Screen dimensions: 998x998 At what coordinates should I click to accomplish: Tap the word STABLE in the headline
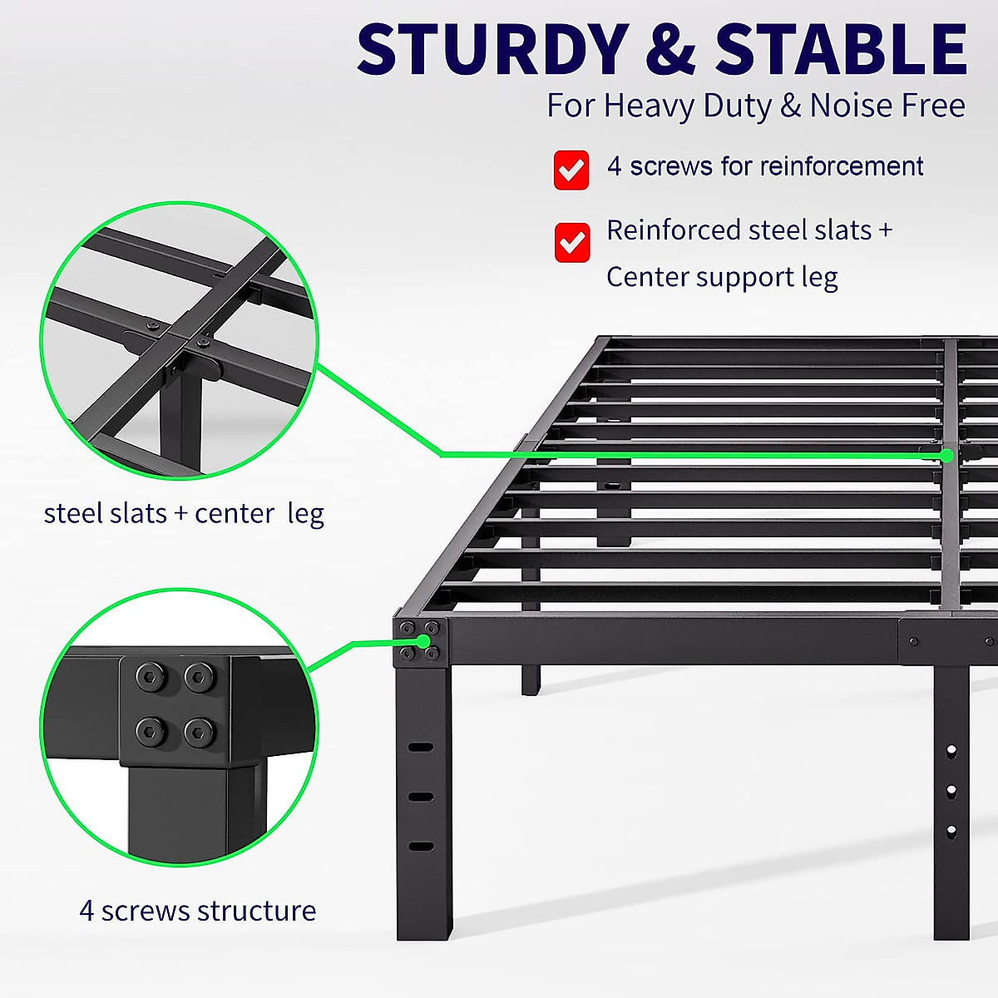pyautogui.click(x=841, y=50)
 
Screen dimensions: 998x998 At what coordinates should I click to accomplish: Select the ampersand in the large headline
pyautogui.click(x=669, y=50)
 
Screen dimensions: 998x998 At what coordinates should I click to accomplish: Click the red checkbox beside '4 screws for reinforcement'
pyautogui.click(x=571, y=170)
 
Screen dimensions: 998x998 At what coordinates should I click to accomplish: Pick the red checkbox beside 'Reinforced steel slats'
pyautogui.click(x=572, y=242)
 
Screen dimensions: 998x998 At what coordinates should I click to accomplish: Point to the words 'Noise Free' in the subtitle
pyautogui.click(x=887, y=106)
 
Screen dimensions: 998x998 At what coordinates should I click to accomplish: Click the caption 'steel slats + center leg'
pyautogui.click(x=184, y=513)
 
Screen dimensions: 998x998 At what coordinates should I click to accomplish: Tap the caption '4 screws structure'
pyautogui.click(x=198, y=911)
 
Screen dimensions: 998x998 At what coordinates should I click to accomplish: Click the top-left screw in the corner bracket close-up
pyautogui.click(x=151, y=678)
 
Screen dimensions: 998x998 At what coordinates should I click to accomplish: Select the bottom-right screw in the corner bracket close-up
pyautogui.click(x=200, y=732)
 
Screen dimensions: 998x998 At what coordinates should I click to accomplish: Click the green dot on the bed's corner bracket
pyautogui.click(x=424, y=642)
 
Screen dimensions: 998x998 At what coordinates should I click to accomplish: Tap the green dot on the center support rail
pyautogui.click(x=946, y=455)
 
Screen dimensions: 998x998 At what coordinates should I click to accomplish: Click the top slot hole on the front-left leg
pyautogui.click(x=422, y=747)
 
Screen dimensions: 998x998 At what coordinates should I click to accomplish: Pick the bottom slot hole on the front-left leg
pyautogui.click(x=422, y=847)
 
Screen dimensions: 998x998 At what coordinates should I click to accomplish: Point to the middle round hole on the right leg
pyautogui.click(x=951, y=790)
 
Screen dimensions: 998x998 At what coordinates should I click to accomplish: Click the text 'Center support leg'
pyautogui.click(x=722, y=277)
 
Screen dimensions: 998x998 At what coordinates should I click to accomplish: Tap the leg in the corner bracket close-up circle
pyautogui.click(x=177, y=811)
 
